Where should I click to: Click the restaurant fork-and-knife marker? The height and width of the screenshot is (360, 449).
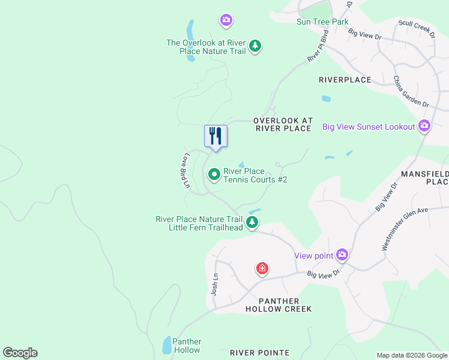[x=215, y=136]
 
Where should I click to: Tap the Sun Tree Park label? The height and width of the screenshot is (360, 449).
[x=322, y=22]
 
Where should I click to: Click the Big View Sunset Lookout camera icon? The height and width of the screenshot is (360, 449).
[x=424, y=126]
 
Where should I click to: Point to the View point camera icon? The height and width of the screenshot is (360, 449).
[x=342, y=255]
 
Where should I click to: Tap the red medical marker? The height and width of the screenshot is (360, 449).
[x=262, y=268]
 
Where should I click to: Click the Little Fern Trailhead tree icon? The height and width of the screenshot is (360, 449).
[x=253, y=223]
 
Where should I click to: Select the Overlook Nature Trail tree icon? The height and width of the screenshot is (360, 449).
[x=255, y=46]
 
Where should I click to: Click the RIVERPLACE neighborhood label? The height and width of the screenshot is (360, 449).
[x=345, y=80]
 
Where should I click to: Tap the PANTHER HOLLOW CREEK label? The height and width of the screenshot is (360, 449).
[x=279, y=304]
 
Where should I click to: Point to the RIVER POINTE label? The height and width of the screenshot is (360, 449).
[x=260, y=353]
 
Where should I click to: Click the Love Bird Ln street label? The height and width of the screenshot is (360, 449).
[x=187, y=171]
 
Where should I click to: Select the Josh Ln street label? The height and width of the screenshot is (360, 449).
[x=214, y=285]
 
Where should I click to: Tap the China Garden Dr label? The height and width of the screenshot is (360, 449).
[x=411, y=91]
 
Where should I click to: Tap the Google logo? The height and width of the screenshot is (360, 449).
[x=20, y=353]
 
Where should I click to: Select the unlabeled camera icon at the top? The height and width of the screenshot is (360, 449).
[x=226, y=20]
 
